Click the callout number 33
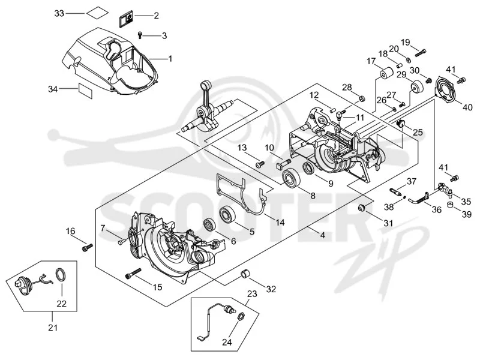click(x=59, y=13)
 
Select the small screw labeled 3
click(x=140, y=35)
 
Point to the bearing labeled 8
click(x=290, y=177)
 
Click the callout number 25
click(x=418, y=132)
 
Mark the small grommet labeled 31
click(x=362, y=208)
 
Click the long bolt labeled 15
click(x=133, y=274)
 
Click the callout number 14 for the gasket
click(x=280, y=222)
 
